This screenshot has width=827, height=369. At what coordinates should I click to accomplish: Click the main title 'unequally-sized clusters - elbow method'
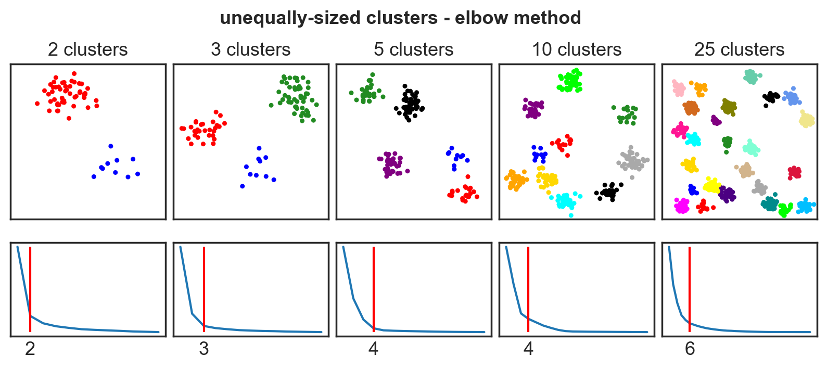click(400, 18)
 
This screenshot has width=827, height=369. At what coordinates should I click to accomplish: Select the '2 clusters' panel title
click(87, 49)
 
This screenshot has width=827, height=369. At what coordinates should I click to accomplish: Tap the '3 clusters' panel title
click(250, 49)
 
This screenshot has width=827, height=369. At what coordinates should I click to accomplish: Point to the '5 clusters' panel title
click(413, 49)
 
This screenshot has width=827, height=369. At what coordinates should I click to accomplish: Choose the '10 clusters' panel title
click(576, 49)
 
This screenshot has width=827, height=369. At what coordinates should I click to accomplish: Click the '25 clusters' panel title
click(739, 49)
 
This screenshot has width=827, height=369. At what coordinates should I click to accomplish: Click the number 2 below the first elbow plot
click(30, 349)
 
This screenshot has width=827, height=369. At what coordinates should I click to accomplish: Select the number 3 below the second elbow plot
click(203, 349)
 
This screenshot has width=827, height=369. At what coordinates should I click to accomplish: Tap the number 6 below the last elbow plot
click(690, 349)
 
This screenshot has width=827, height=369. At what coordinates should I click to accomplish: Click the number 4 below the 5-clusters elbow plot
click(373, 349)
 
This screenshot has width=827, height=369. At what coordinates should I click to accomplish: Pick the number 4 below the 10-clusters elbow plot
click(528, 349)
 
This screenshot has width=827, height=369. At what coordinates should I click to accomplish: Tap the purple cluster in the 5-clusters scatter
click(391, 164)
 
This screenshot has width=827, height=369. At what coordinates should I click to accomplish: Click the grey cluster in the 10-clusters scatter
click(632, 161)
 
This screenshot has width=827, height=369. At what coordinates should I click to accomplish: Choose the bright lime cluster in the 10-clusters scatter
click(570, 81)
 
